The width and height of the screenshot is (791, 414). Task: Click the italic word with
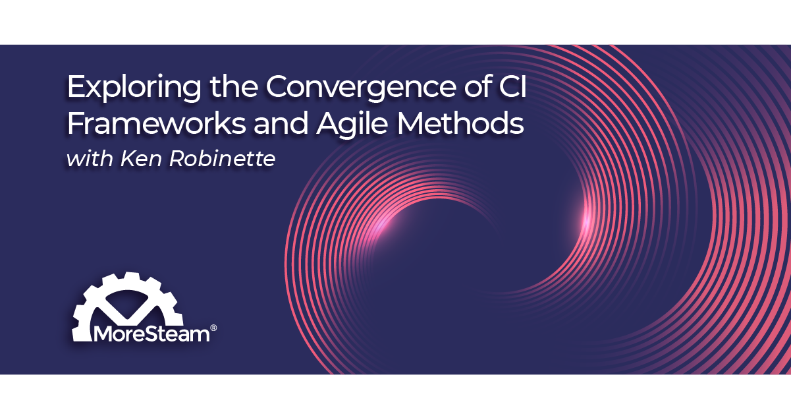click(x=90, y=159)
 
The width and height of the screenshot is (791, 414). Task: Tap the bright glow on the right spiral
click(x=586, y=220)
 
